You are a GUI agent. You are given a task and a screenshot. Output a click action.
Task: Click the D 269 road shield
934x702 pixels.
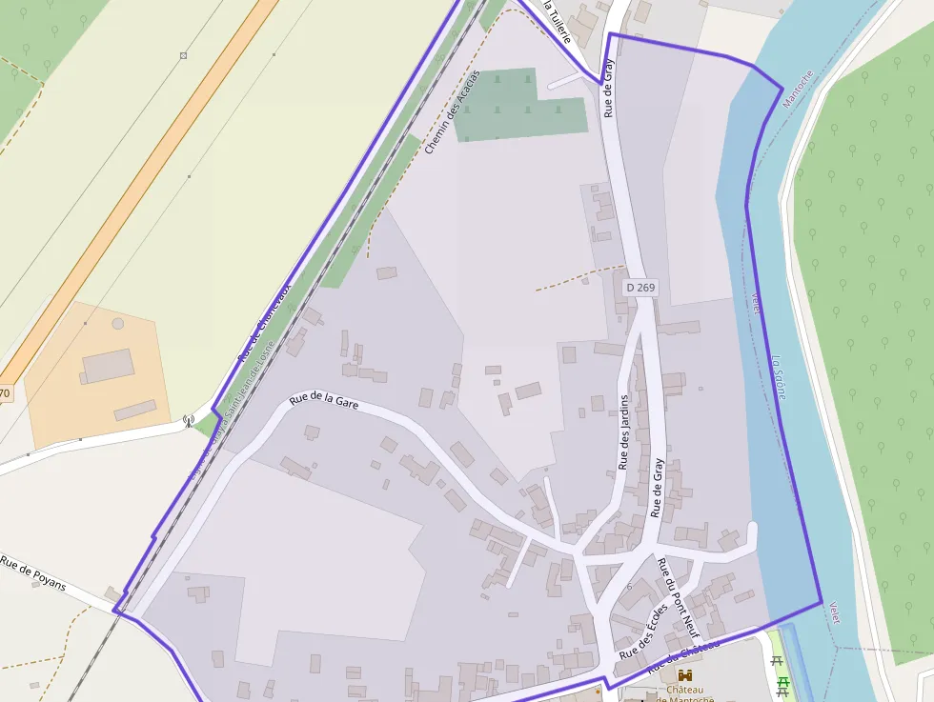[641, 287]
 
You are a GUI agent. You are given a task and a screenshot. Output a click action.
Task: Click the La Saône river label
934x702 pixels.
[779, 377]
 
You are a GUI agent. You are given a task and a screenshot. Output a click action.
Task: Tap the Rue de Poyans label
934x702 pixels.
[32, 574]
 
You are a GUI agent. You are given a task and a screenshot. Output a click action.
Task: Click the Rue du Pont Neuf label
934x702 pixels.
[679, 598]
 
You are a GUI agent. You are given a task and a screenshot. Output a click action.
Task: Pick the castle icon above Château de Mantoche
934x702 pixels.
[684, 675]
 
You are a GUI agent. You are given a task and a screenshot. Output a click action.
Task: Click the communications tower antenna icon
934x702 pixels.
[188, 419]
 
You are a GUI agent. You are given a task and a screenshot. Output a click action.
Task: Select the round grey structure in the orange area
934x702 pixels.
[117, 323]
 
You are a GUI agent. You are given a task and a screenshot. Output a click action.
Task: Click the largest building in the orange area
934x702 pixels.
[108, 366]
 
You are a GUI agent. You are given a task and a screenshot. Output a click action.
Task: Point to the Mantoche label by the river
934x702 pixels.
[798, 89]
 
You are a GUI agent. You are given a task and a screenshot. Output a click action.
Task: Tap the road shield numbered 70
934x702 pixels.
[5, 393]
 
